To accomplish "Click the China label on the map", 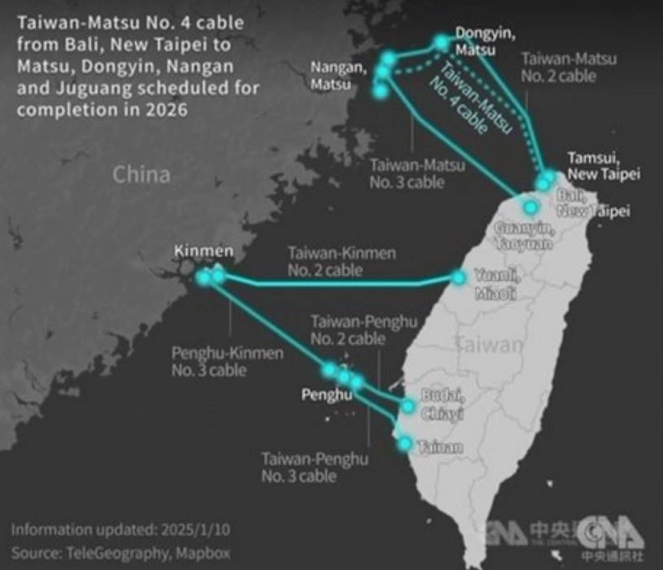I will click(x=142, y=174).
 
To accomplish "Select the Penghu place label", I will click(x=326, y=396).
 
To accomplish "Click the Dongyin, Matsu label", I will click(x=479, y=41).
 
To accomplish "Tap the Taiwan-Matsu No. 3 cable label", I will click(x=417, y=173).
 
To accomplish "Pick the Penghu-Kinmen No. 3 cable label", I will click(x=227, y=362).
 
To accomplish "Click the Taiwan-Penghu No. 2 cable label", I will click(x=348, y=330).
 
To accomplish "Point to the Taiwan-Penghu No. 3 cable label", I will click(x=315, y=468).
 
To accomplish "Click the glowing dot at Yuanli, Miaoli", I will click(x=460, y=278).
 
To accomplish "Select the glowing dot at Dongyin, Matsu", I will click(x=442, y=41).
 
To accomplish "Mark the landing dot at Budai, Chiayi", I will click(x=408, y=406).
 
